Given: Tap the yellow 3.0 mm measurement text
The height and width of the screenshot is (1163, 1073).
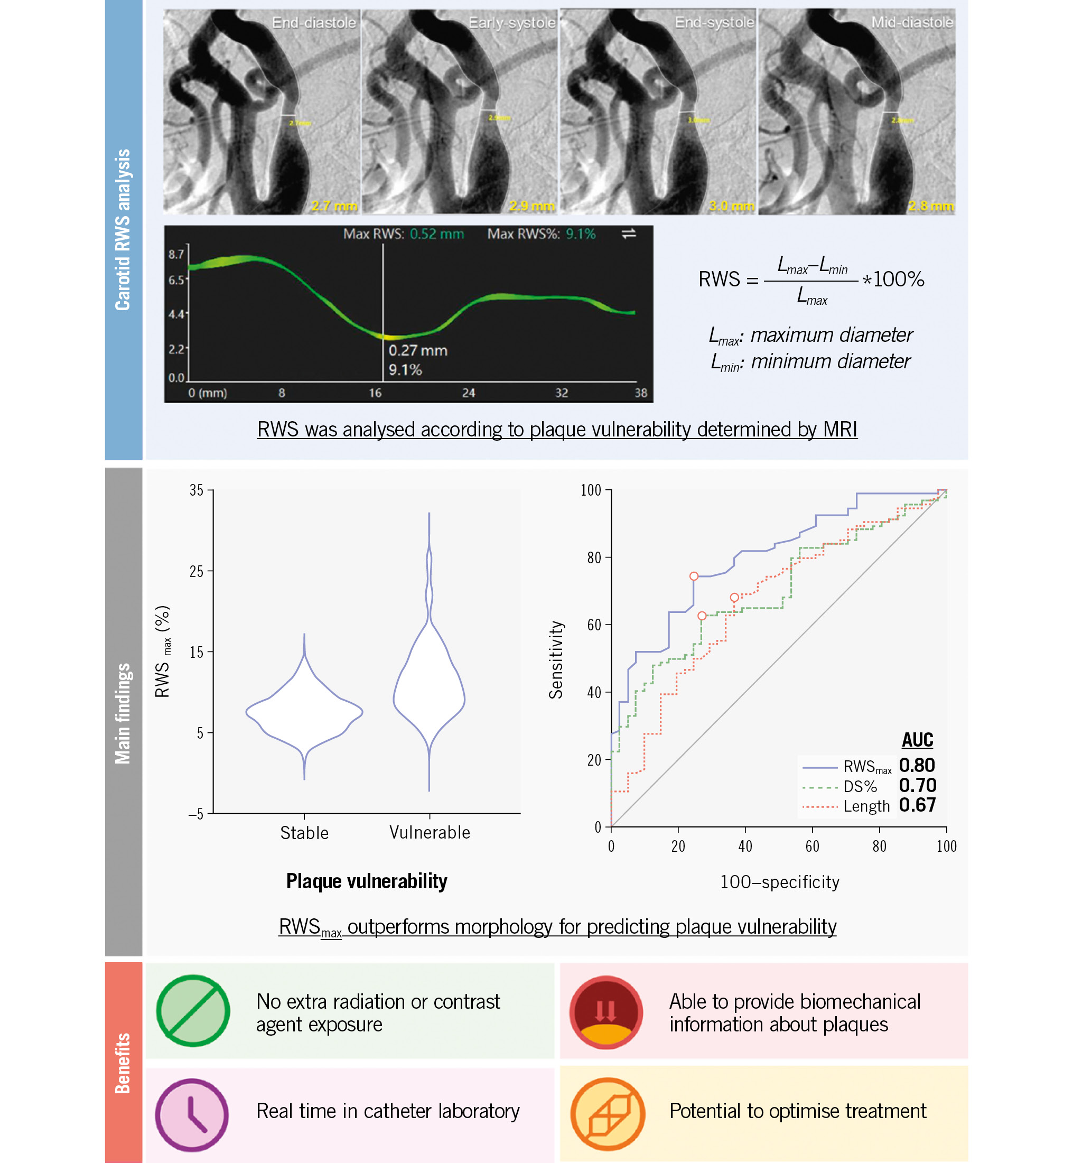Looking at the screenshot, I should pyautogui.click(x=731, y=206).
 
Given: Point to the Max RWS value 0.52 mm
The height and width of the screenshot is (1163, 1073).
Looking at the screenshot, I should pyautogui.click(x=436, y=234).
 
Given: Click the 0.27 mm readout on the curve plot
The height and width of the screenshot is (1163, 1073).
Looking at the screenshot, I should pyautogui.click(x=418, y=351).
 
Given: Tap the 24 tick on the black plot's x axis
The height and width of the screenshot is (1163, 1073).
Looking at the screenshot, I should pyautogui.click(x=469, y=393).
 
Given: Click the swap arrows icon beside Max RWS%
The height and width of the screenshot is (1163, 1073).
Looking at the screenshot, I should pyautogui.click(x=629, y=234).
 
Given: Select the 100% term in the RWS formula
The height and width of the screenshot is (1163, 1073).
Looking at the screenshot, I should pyautogui.click(x=898, y=280).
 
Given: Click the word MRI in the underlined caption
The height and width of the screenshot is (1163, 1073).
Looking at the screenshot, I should pyautogui.click(x=839, y=430).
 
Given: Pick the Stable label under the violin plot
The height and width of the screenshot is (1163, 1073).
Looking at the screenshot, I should pyautogui.click(x=304, y=833).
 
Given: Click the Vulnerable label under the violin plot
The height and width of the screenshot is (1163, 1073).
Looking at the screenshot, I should pyautogui.click(x=430, y=833).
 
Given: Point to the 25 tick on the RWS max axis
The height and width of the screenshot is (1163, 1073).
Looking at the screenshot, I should pyautogui.click(x=197, y=571).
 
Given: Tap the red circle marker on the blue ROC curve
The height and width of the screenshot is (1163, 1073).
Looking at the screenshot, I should pyautogui.click(x=694, y=576).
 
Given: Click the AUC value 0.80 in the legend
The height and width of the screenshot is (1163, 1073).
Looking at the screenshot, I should pyautogui.click(x=917, y=765).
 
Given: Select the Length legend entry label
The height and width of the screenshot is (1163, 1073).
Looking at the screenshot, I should pyautogui.click(x=866, y=806).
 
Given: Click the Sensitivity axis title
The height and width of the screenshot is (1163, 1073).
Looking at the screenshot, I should pyautogui.click(x=556, y=659).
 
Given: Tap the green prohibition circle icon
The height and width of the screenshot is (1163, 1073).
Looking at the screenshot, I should pyautogui.click(x=193, y=1011).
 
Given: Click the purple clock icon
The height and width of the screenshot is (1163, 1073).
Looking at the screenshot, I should pyautogui.click(x=192, y=1115).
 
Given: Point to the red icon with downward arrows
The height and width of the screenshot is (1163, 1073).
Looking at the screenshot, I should pyautogui.click(x=605, y=1012).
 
